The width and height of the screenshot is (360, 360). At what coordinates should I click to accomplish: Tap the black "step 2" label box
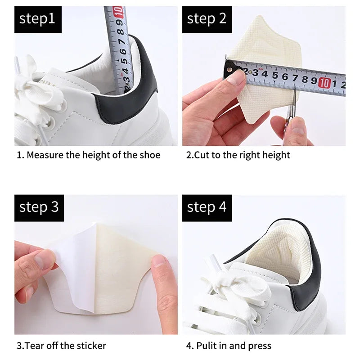pyautogui.click(x=207, y=19)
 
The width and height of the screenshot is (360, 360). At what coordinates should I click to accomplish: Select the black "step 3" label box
pyautogui.click(x=39, y=207)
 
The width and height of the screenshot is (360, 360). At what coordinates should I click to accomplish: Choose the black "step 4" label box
pyautogui.click(x=207, y=207)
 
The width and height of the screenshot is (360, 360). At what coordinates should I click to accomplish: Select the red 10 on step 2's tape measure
pyautogui.click(x=324, y=83)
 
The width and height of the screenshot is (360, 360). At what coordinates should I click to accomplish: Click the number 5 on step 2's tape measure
pyautogui.click(x=274, y=76)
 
